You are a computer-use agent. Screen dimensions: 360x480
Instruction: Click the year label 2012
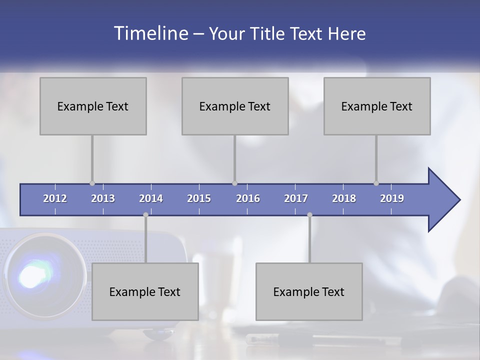(55, 198)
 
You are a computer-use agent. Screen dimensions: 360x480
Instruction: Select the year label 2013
(103, 198)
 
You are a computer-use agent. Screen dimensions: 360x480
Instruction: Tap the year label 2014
(151, 198)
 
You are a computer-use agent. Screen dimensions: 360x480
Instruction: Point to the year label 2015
(199, 198)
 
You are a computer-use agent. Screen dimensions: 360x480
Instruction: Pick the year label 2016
(248, 198)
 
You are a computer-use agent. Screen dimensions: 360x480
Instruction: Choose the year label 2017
(296, 198)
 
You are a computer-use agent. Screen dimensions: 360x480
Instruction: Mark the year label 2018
(344, 198)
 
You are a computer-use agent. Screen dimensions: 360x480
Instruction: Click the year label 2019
(392, 198)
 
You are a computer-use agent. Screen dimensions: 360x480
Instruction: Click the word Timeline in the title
(150, 33)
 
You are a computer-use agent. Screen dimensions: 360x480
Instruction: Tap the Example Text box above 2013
(93, 106)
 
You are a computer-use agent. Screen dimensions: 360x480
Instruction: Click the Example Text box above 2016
(235, 106)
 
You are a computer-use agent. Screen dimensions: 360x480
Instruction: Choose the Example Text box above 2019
(377, 106)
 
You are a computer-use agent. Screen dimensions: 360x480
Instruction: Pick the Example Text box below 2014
(145, 291)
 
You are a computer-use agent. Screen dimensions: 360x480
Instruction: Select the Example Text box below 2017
(309, 291)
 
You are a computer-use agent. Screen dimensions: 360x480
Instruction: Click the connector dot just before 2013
(92, 183)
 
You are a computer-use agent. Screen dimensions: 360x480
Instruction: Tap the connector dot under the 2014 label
(145, 214)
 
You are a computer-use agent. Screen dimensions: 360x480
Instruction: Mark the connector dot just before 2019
(376, 183)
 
